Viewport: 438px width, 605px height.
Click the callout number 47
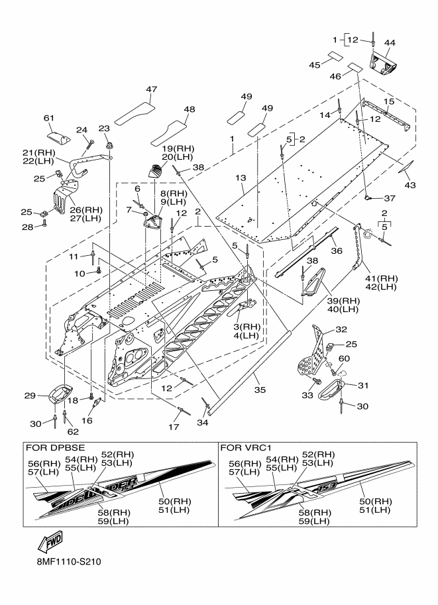(x=151, y=89)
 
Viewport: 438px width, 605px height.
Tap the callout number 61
(x=49, y=118)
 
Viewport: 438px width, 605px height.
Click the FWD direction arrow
(x=50, y=543)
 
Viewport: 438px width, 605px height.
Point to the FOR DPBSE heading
(x=55, y=447)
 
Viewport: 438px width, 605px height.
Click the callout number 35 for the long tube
(x=260, y=390)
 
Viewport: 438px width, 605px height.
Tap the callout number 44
(x=390, y=42)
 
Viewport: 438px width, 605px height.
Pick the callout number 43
(x=410, y=185)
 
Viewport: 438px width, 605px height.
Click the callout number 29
(x=30, y=396)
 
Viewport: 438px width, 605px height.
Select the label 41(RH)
(x=381, y=278)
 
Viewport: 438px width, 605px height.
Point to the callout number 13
(x=241, y=178)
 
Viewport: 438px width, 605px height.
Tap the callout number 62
(x=73, y=431)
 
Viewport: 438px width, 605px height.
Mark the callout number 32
(x=341, y=329)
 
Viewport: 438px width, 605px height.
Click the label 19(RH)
(x=178, y=148)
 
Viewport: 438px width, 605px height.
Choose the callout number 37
(x=390, y=198)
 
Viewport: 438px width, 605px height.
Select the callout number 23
(x=104, y=129)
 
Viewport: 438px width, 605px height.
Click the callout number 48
(x=190, y=109)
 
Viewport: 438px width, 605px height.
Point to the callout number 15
(x=389, y=101)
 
